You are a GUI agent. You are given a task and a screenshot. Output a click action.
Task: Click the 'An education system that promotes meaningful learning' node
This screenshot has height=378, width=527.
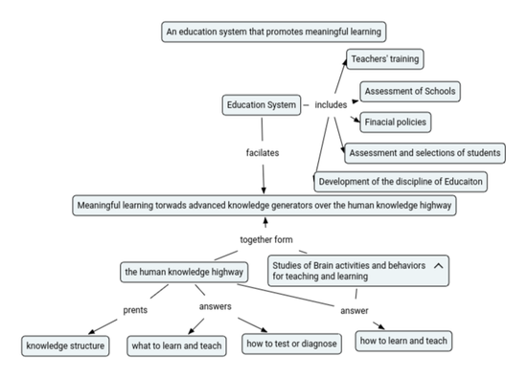274,32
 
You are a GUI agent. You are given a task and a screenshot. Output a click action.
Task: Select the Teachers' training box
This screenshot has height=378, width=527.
384,59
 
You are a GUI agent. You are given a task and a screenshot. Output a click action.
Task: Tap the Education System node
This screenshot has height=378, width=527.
262,104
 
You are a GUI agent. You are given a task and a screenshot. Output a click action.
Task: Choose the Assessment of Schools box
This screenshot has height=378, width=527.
410,92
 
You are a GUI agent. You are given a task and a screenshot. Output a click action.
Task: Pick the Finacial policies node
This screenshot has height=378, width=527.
395,122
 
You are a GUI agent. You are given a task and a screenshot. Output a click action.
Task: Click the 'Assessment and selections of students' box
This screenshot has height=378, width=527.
424,153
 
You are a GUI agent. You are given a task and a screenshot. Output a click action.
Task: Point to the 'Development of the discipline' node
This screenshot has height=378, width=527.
401,181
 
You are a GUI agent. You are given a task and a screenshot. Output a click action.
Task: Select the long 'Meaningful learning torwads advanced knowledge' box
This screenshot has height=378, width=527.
263,205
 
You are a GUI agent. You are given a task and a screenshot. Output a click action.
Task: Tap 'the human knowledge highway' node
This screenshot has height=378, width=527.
184,272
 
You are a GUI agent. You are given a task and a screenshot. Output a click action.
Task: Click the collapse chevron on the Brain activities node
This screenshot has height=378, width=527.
438,264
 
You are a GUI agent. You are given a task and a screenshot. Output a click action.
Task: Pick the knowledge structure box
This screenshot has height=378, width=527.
65,345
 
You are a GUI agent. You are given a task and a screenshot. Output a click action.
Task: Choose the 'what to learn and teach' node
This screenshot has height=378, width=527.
176,345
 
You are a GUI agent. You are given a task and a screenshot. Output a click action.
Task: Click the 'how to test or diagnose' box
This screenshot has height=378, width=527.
291,344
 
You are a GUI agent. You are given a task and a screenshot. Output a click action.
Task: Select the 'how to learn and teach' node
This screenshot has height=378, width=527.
402,341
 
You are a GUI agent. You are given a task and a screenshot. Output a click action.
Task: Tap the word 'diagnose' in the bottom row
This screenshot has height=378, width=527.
316,344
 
